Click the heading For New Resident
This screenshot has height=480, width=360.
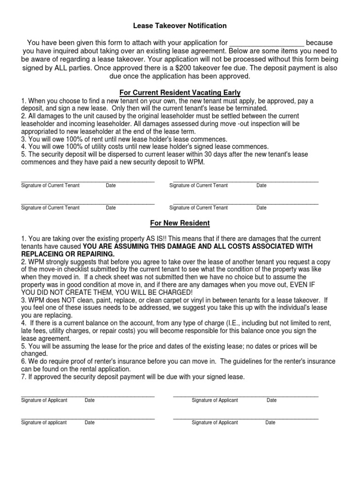(x=180, y=223)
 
